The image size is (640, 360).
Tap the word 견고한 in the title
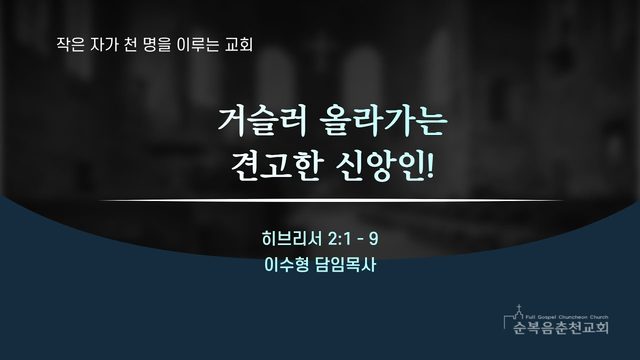[277, 167]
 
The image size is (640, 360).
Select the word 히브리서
[292, 239]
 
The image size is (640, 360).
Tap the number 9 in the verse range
[373, 239]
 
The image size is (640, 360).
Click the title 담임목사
[346, 265]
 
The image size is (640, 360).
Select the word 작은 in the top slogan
[70, 44]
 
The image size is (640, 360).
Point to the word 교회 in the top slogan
[239, 44]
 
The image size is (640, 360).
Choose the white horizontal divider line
[331, 201]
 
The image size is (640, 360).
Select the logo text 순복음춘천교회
[561, 327]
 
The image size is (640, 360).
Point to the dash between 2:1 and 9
[360, 240]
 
